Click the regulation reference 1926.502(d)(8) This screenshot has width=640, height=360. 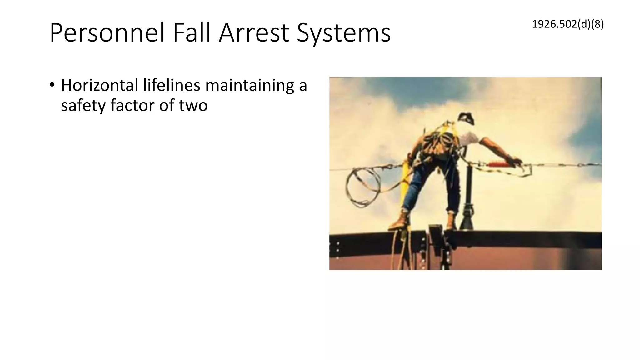[x=567, y=24]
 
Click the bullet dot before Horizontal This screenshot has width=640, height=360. [x=52, y=85]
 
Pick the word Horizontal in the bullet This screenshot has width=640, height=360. [x=100, y=85]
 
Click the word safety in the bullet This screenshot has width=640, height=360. [x=83, y=105]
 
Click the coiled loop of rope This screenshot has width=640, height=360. [x=362, y=187]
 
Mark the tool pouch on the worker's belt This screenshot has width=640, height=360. [x=437, y=147]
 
